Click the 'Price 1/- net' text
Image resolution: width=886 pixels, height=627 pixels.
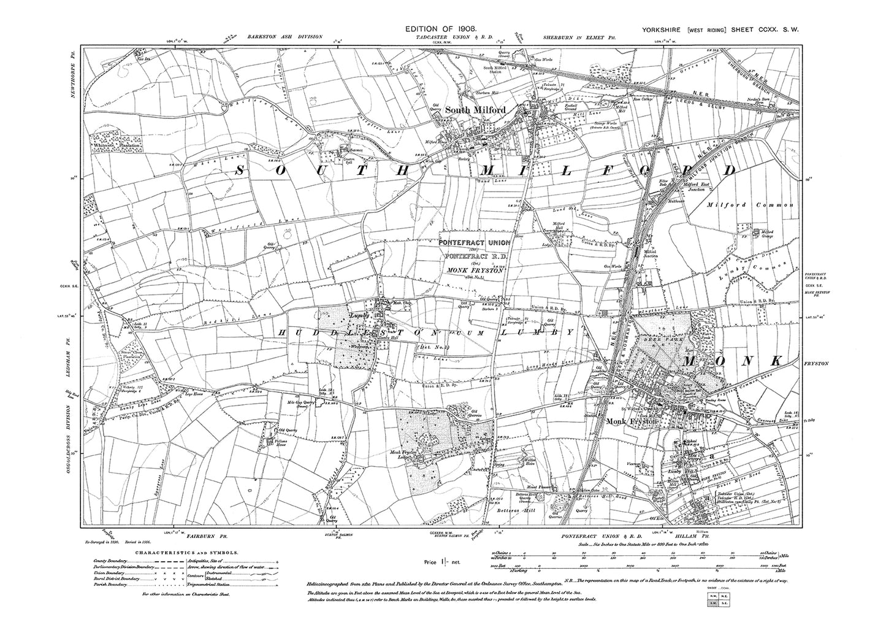click(443, 561)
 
